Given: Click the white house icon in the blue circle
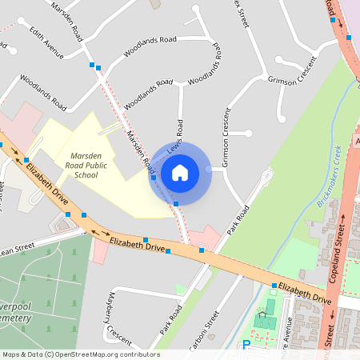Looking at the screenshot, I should pos(180,172).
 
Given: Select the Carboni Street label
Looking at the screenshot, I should pos(210,330).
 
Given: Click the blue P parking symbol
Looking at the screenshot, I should pos(246,345).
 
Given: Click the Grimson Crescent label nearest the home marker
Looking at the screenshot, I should pos(226,137).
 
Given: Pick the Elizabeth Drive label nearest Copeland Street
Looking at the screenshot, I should pos(304,293).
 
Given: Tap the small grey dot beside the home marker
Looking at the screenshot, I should pos(209,169).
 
